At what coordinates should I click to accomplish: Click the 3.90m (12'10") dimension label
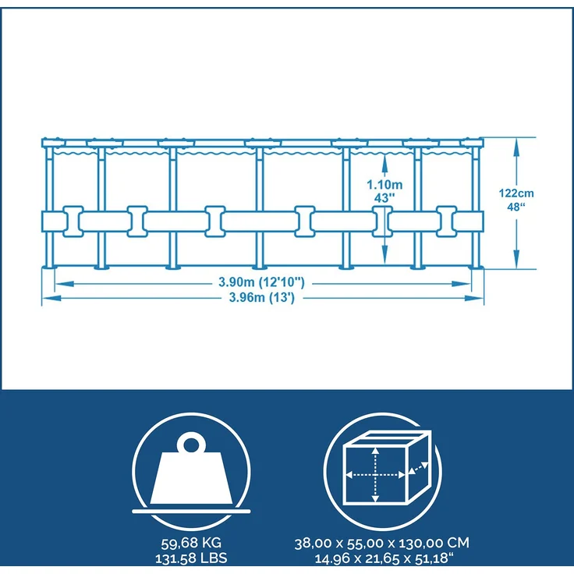point(261,282)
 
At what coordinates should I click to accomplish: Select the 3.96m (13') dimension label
point(261,297)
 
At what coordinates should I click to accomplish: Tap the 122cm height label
point(516,193)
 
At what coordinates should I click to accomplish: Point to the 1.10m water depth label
point(384,184)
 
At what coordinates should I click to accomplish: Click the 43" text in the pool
point(384,198)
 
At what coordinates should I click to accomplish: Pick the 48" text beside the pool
point(516,207)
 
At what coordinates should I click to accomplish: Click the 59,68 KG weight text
point(191,543)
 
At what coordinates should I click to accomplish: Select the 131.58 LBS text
point(191,558)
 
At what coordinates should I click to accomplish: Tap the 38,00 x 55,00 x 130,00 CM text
point(382,543)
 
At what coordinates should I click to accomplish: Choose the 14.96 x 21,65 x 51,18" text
point(384,558)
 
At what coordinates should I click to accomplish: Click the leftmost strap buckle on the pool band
point(73,221)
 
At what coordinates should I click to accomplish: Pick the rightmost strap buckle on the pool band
point(447,221)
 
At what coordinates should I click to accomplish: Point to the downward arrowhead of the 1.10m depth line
point(384,254)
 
